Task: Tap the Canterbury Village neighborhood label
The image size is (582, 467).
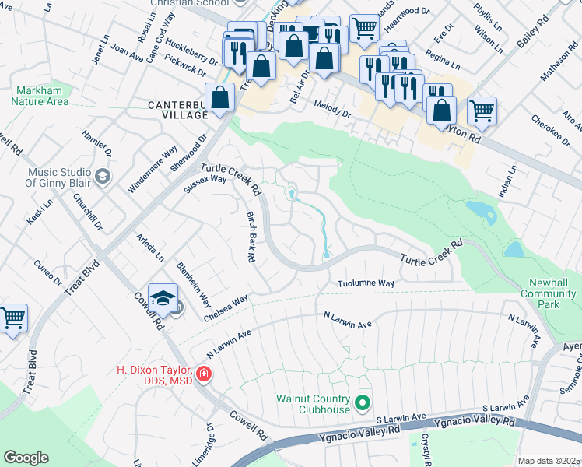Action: pos(177,109)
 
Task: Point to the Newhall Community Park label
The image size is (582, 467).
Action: pos(549,293)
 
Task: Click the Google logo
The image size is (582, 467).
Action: pos(26,458)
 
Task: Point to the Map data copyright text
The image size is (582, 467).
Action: pos(549,461)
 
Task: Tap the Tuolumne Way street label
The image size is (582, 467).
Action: pos(366,283)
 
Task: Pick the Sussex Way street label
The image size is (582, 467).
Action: pos(204,184)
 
